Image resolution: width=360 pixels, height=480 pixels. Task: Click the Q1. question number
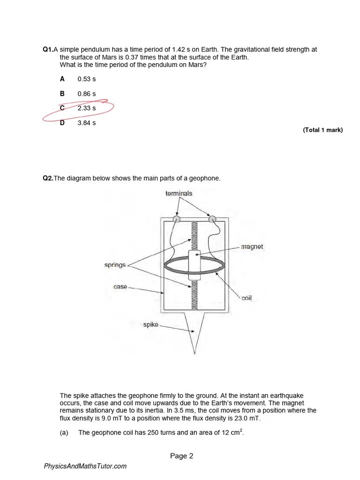pos(48,50)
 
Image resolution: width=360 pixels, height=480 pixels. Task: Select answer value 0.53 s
pos(86,79)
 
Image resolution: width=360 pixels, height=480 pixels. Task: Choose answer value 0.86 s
pos(86,94)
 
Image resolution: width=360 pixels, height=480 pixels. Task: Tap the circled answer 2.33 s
pos(86,108)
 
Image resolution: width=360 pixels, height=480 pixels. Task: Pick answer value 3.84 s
pos(86,123)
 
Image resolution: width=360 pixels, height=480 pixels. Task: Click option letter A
pos(62,79)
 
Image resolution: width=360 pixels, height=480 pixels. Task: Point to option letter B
pos(62,94)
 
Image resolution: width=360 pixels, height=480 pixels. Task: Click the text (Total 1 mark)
pos(322,130)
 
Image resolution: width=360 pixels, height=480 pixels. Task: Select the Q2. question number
pos(48,178)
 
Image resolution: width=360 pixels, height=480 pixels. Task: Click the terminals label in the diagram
pos(179,193)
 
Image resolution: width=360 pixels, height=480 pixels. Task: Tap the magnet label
pos(252,247)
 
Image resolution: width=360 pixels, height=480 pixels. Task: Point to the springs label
pos(115,265)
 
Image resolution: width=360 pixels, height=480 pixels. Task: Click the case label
pos(120,286)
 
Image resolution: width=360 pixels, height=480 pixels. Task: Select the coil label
pos(247,298)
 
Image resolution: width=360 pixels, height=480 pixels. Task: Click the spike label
pos(151,324)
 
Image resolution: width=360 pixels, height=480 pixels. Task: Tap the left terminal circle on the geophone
pos(176,219)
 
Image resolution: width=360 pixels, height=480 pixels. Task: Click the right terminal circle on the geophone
pos(212,218)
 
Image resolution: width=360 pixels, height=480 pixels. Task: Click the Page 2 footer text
pos(181,456)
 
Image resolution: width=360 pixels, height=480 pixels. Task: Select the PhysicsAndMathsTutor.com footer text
pos(85,466)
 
